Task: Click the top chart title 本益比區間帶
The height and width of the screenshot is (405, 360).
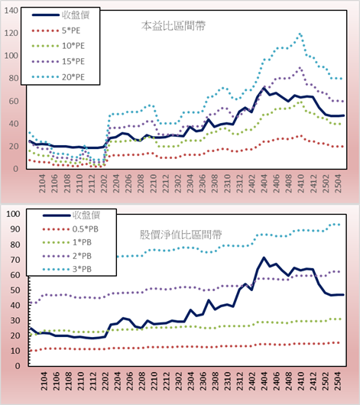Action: click(x=174, y=26)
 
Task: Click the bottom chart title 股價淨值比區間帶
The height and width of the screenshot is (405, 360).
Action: click(x=180, y=235)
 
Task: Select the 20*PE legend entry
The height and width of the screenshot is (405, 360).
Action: click(x=58, y=77)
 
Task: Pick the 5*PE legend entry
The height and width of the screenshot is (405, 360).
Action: click(x=56, y=31)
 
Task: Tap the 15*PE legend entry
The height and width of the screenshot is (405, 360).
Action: click(x=58, y=61)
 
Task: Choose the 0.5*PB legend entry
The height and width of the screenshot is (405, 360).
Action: click(x=70, y=229)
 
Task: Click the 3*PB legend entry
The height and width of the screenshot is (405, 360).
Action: click(x=67, y=269)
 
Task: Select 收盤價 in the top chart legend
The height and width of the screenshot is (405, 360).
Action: click(x=60, y=15)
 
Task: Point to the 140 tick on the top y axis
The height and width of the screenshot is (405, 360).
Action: click(x=11, y=11)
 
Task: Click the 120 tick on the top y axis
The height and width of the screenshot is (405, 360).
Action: click(x=11, y=33)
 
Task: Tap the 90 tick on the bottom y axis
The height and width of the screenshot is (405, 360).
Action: click(x=15, y=229)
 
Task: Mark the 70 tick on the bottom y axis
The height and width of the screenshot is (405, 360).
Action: click(x=15, y=260)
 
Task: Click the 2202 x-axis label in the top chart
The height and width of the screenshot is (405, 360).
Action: click(x=104, y=183)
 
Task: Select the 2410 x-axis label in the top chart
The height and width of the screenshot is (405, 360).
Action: click(x=301, y=183)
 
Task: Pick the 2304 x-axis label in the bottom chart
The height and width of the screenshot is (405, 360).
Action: click(x=190, y=381)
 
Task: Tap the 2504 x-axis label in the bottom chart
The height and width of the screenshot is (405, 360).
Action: click(x=338, y=381)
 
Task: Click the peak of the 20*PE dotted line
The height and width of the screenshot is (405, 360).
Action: click(x=300, y=34)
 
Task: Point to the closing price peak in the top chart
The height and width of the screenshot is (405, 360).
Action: click(x=264, y=89)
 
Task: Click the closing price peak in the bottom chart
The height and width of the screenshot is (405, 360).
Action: click(x=264, y=258)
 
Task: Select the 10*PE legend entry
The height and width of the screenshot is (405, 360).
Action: click(x=58, y=46)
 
